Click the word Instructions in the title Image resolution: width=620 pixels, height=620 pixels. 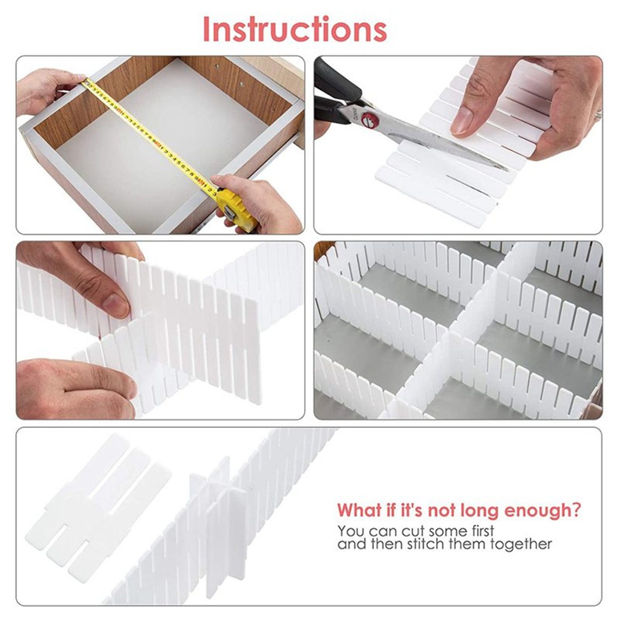point(295,30)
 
